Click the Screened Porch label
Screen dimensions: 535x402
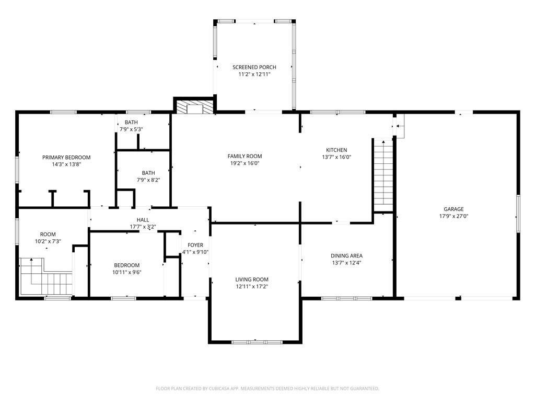(x=254, y=68)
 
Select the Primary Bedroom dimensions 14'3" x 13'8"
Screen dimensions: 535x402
(x=66, y=164)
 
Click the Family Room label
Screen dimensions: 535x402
(x=245, y=156)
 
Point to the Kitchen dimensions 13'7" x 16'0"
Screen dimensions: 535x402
(x=336, y=157)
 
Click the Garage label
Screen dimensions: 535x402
(x=453, y=209)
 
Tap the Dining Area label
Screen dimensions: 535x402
(x=346, y=255)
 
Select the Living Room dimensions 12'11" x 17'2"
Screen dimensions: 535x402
(x=252, y=286)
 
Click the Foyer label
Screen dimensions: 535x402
(x=195, y=245)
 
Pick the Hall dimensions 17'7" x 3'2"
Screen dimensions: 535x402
(x=143, y=227)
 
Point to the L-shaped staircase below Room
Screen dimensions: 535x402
(x=46, y=277)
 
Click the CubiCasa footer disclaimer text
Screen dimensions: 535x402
(x=267, y=388)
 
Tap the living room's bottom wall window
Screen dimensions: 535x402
(x=257, y=342)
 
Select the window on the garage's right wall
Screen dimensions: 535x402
(x=518, y=214)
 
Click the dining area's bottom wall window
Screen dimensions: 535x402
(x=347, y=298)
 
